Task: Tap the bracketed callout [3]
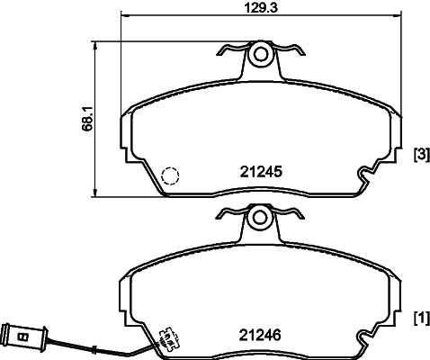tap(419, 155)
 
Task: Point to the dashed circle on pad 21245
tap(170, 176)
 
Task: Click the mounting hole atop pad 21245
tap(261, 54)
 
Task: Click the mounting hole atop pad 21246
tap(261, 217)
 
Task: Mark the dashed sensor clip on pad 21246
tap(168, 339)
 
